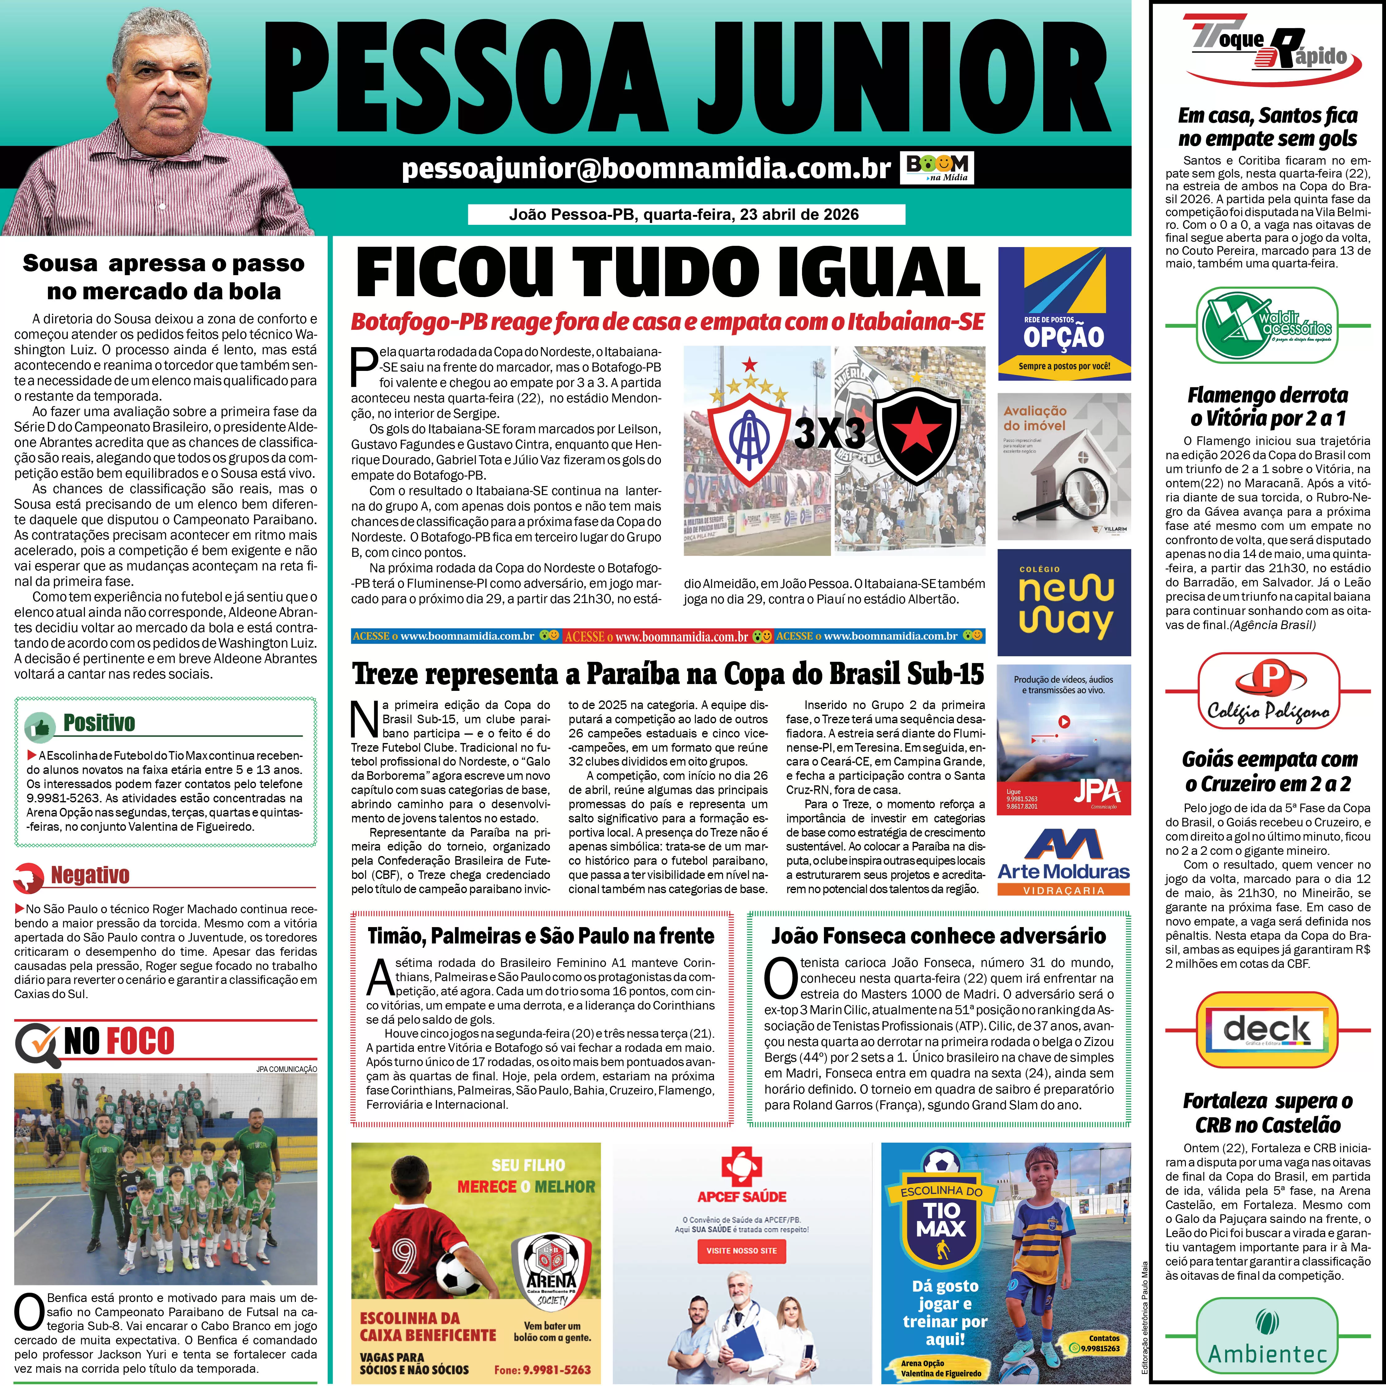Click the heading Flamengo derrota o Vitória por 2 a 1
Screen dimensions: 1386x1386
pyautogui.click(x=1268, y=406)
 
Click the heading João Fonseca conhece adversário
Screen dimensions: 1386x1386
pyautogui.click(x=938, y=935)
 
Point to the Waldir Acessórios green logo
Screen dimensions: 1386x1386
pyautogui.click(x=1268, y=324)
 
